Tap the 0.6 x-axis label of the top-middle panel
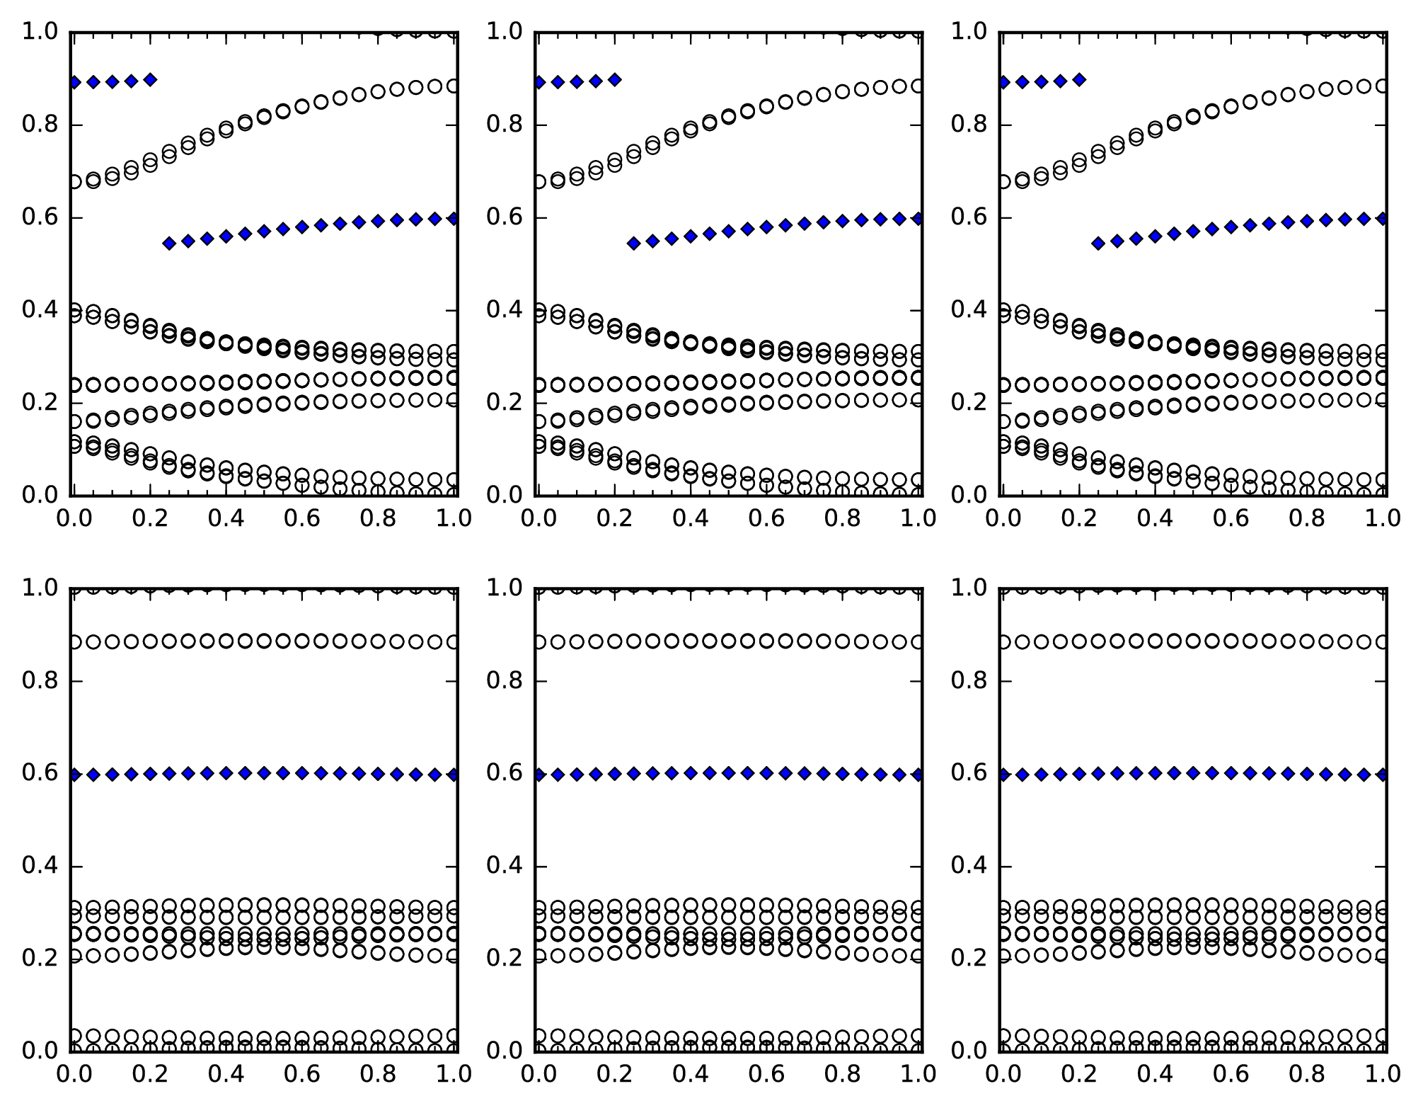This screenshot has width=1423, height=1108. (x=766, y=518)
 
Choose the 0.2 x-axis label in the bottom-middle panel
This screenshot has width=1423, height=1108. (x=613, y=1074)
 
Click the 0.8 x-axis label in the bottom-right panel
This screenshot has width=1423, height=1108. (x=1308, y=1074)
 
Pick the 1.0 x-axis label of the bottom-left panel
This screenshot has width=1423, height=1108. (x=454, y=1074)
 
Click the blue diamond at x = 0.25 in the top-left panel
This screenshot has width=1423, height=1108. (x=169, y=244)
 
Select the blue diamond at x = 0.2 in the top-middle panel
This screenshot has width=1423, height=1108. (x=614, y=80)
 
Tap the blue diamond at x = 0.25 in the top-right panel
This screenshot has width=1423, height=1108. (x=1098, y=244)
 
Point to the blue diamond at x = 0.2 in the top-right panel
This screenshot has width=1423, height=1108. (x=1079, y=80)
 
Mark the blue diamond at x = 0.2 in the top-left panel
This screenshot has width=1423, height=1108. (x=150, y=80)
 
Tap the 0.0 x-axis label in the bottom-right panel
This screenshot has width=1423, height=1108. (x=1002, y=1074)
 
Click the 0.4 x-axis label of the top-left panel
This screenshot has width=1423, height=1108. (x=226, y=518)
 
